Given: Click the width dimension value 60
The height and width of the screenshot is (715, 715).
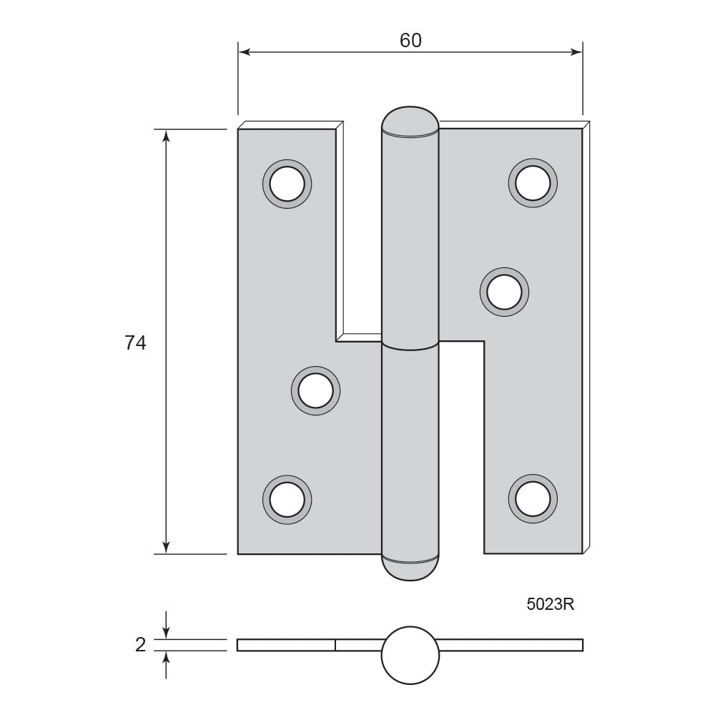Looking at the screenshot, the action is coord(410,41).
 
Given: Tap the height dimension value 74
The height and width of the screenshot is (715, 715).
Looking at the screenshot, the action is coord(135,343).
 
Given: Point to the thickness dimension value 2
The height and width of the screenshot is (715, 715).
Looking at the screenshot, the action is coord(140,645).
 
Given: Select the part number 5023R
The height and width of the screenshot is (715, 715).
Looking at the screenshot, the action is coord(550,604).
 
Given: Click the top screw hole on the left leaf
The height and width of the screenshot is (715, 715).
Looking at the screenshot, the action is coord(287,184).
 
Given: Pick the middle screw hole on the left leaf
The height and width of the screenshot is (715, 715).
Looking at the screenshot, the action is coord(315,391).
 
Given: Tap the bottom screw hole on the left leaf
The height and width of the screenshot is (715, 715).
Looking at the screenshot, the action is coord(287,500).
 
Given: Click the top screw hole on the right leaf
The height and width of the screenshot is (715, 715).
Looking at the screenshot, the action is coord(533,183).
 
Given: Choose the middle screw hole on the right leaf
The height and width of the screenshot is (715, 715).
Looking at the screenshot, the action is coord(504,292).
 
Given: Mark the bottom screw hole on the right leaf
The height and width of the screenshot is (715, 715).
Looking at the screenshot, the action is coord(533,499).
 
